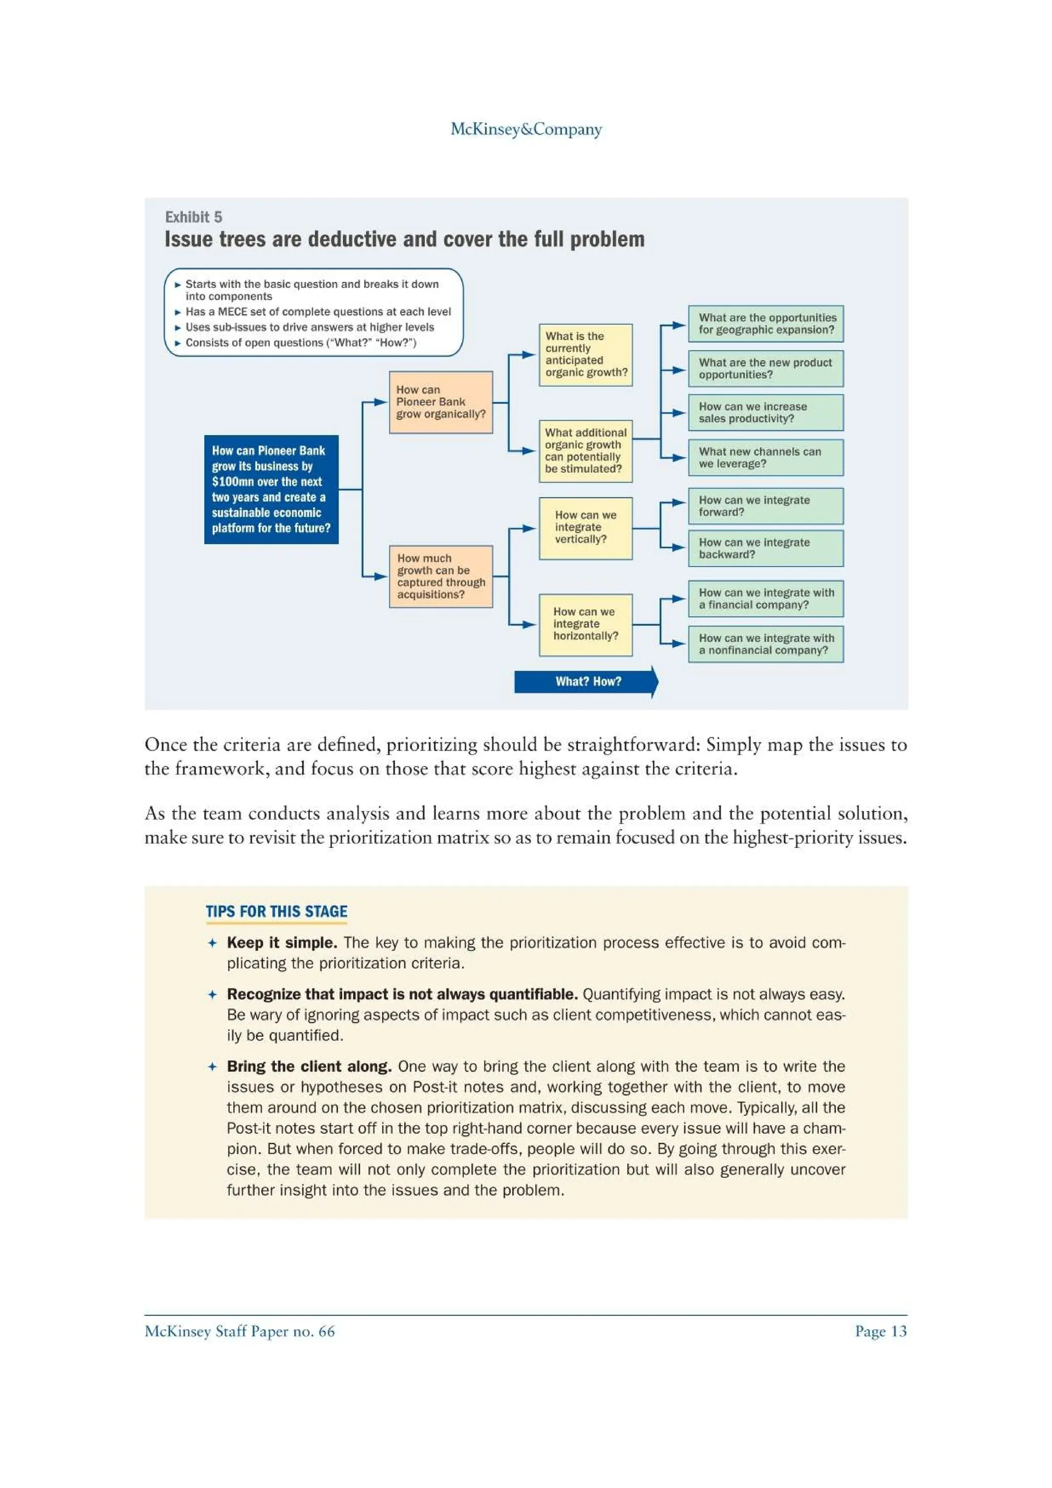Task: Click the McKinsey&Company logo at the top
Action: (525, 129)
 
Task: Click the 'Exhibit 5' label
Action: (193, 217)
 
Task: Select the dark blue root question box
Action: (271, 489)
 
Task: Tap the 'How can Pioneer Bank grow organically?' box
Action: (441, 402)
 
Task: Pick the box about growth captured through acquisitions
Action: (441, 576)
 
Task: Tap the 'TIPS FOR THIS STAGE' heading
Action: (276, 911)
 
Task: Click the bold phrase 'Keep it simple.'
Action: (282, 942)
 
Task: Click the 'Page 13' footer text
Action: (880, 1331)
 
